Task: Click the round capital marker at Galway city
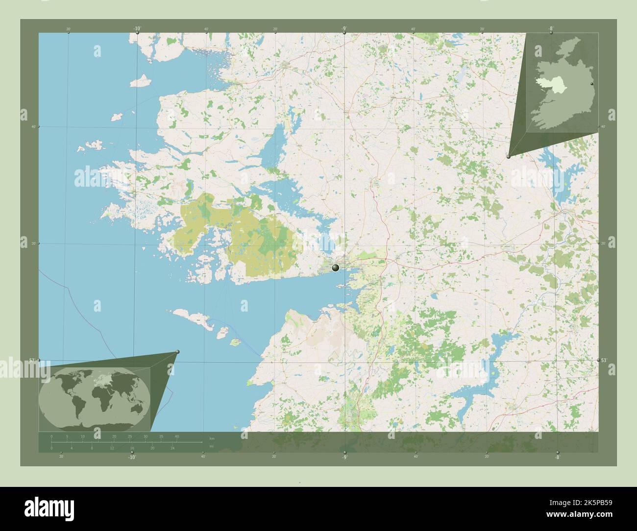[336, 267]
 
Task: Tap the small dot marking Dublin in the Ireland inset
[592, 84]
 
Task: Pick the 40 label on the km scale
[177, 436]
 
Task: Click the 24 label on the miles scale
[172, 448]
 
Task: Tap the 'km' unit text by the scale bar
[212, 438]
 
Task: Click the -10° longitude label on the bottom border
[131, 457]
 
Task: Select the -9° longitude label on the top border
[344, 29]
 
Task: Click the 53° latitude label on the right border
[604, 360]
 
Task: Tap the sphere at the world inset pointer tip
[177, 352]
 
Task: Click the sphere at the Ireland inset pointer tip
[509, 156]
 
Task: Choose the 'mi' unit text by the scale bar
[211, 446]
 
